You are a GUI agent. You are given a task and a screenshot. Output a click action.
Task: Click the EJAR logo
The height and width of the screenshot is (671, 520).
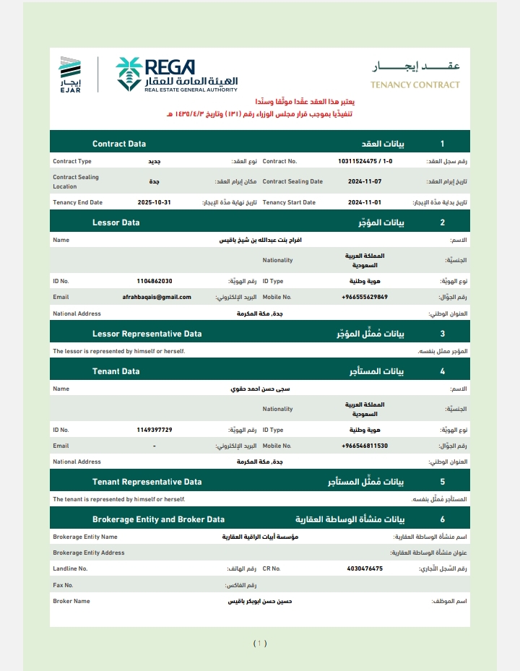point(70,74)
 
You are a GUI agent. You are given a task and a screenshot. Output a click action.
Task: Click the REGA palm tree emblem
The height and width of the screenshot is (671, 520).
point(129,74)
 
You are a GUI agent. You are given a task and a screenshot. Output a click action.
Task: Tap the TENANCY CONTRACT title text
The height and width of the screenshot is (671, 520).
point(415,85)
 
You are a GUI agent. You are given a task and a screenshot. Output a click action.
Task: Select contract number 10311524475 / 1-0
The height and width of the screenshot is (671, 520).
point(365,161)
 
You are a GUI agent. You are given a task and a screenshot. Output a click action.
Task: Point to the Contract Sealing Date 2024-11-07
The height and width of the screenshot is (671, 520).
point(365,181)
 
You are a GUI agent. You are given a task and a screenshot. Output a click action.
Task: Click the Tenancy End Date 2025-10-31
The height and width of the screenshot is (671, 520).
point(154,202)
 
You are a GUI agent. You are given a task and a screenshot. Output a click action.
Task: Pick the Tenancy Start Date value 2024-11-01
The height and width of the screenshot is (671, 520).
point(365,202)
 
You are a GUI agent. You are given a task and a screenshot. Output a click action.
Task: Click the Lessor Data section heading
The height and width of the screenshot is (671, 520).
point(116,222)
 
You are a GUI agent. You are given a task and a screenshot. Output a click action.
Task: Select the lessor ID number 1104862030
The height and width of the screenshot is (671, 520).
point(154,280)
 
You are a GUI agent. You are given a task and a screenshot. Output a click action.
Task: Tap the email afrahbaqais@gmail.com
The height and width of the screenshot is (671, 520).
point(157,297)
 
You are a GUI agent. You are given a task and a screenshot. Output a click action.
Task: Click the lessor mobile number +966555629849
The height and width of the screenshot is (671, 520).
point(365,297)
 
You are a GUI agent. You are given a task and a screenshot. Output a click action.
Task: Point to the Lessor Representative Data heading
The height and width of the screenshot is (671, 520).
point(147,334)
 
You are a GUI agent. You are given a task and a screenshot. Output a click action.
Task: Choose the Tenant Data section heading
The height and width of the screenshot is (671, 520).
point(116,371)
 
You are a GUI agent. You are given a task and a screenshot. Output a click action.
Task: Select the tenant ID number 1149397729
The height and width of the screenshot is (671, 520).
point(154,429)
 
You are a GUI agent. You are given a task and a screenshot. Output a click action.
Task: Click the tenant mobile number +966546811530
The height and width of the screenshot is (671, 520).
point(365,446)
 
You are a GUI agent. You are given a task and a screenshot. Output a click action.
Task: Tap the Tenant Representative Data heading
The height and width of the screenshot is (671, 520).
point(147,482)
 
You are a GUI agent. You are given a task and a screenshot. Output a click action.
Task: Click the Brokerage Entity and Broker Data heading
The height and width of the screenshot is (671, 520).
point(158,519)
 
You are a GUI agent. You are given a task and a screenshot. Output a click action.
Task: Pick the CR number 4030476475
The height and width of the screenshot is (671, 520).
point(365,568)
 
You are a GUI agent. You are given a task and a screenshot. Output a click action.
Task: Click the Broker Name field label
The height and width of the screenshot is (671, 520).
point(71,601)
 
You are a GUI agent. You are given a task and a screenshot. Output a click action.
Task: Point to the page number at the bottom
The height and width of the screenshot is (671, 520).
point(260,643)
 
